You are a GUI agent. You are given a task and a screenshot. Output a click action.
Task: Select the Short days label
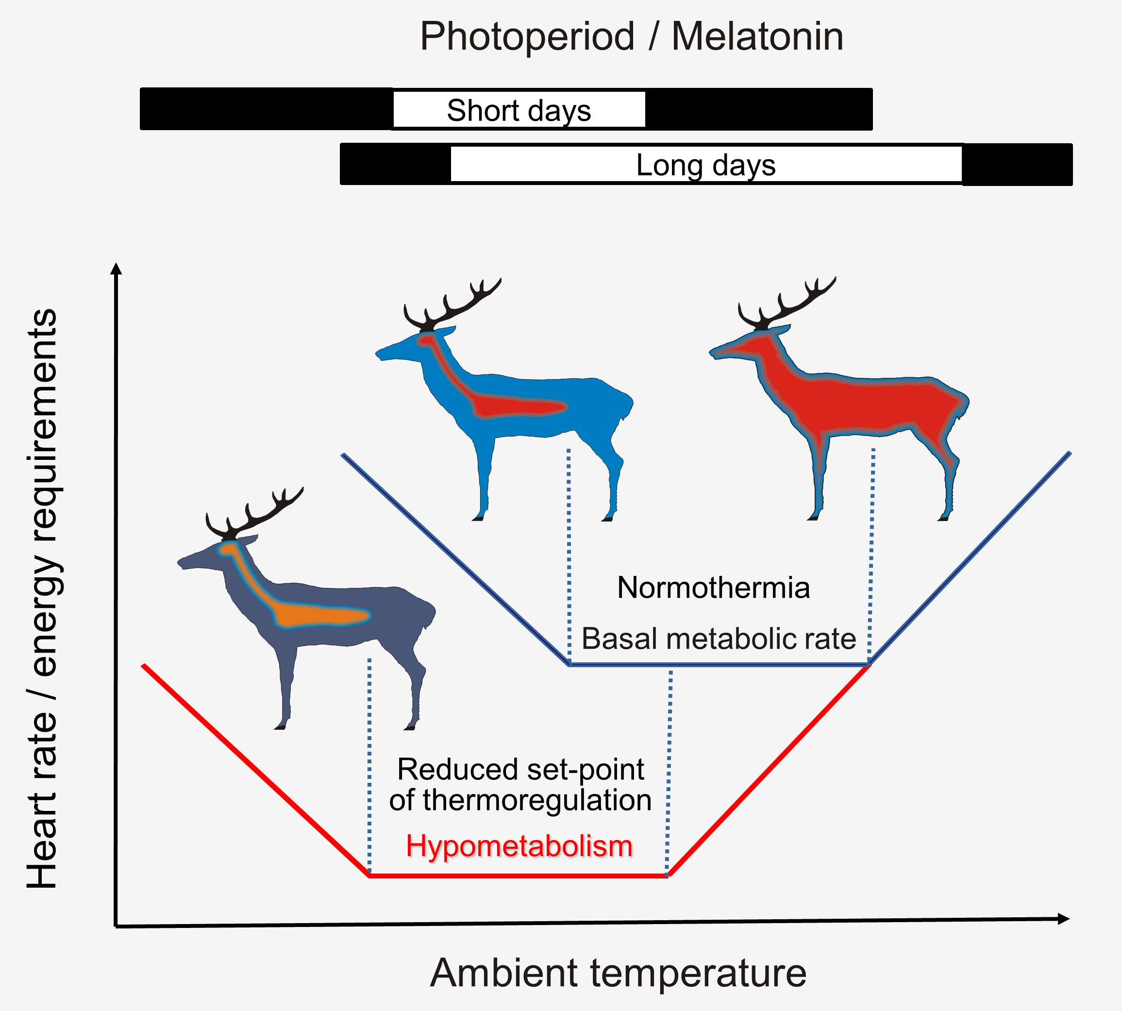(x=519, y=111)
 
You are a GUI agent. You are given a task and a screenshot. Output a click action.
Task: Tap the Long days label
(x=705, y=166)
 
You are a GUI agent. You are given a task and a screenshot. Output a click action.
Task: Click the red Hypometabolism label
(x=519, y=846)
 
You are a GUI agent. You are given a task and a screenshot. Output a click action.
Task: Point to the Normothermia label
(x=713, y=588)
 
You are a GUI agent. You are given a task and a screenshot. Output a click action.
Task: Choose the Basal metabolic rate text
(x=718, y=639)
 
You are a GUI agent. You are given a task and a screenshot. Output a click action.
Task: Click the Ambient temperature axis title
(x=618, y=973)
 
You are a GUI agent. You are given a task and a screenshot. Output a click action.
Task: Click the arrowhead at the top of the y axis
(x=116, y=269)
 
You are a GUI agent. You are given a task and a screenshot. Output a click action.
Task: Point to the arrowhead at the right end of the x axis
(x=1063, y=919)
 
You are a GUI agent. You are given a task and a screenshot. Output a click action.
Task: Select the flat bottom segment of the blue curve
(x=720, y=664)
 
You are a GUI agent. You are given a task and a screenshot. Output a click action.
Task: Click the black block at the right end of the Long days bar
(x=1017, y=165)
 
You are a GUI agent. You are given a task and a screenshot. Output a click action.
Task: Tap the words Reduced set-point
(x=520, y=769)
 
